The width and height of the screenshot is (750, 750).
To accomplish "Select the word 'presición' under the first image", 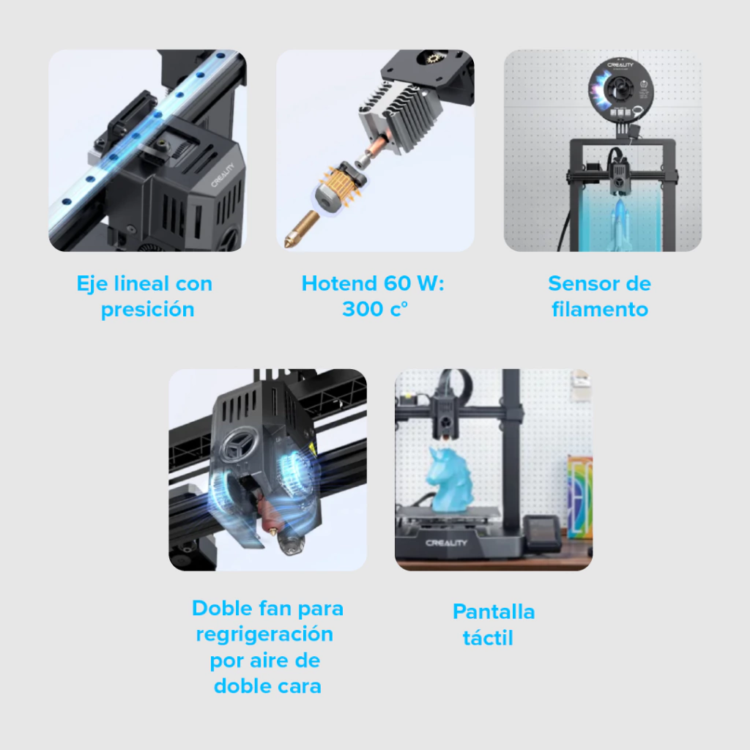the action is [x=147, y=310].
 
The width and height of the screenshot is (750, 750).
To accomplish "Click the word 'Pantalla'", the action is [x=494, y=612].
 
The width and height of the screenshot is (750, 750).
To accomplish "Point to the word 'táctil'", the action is [x=488, y=638].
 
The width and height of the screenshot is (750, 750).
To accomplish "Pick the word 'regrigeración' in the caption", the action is [x=264, y=635].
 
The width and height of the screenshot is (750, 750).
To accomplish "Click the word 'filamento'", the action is [x=600, y=309].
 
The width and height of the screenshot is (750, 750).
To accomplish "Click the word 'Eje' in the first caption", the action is [x=92, y=284].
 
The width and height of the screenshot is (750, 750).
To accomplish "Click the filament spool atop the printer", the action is [x=620, y=89].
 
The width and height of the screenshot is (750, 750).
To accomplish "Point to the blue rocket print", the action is [x=620, y=225].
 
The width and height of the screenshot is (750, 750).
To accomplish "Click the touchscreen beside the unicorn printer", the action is [x=542, y=532].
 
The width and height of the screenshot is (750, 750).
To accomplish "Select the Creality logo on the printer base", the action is [x=446, y=543].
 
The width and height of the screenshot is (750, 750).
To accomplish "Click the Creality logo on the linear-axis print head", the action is [x=223, y=175].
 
